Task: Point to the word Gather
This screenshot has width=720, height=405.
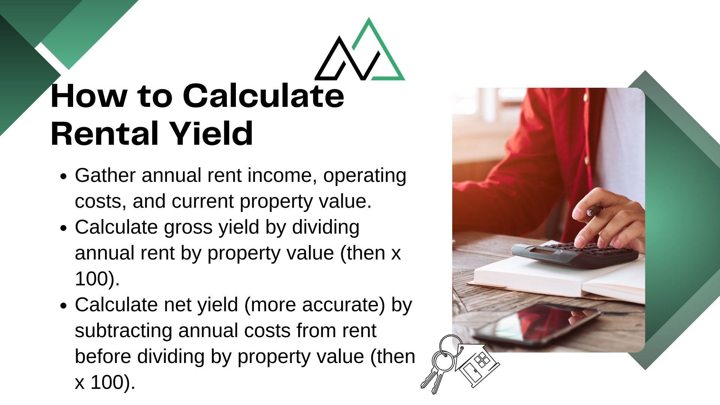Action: point(105,175)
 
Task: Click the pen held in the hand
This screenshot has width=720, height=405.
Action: point(595,211)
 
